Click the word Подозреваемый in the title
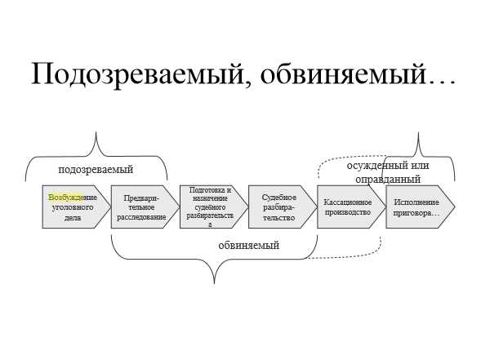(x=137, y=74)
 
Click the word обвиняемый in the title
(x=343, y=74)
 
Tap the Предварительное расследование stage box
(x=145, y=207)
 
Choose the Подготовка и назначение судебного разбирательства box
(x=214, y=207)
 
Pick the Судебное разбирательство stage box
(x=283, y=207)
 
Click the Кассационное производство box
(x=351, y=207)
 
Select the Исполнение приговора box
(x=421, y=207)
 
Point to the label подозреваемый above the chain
(x=96, y=170)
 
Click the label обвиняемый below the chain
(x=249, y=245)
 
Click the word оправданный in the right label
(x=388, y=179)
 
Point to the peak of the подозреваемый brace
(x=96, y=132)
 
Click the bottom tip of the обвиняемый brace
(x=214, y=283)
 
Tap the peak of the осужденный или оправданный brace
(x=418, y=132)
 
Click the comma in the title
(x=247, y=85)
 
